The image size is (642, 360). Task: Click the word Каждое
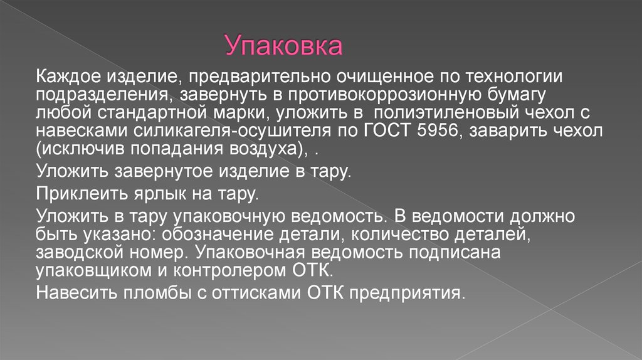(x=65, y=77)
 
